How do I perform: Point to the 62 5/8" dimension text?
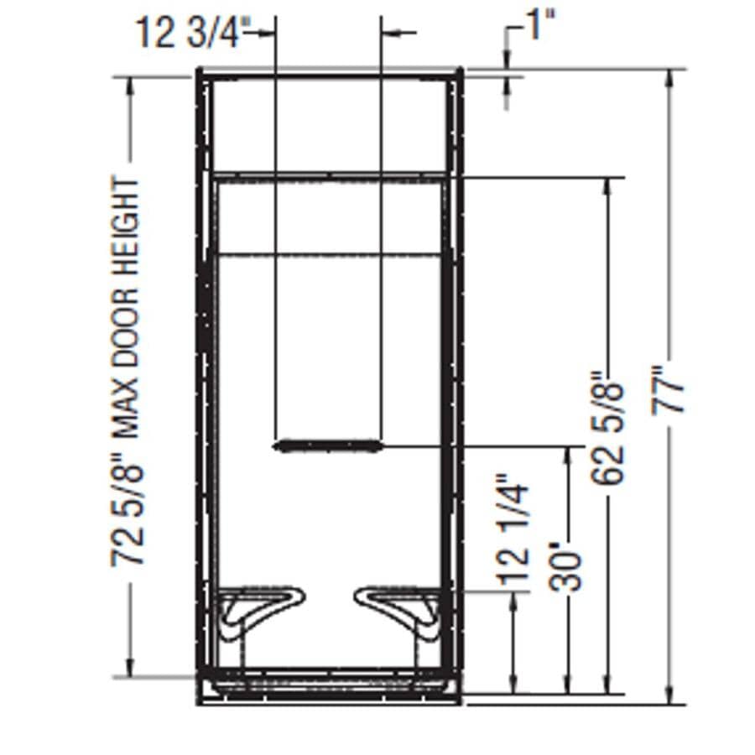coord(608,428)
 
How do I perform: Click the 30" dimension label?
coord(570,570)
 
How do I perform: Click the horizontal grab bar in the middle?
coord(328,445)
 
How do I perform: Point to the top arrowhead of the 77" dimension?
coord(669,77)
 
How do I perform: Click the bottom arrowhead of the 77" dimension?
coord(669,696)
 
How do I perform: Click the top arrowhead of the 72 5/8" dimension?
coord(130,84)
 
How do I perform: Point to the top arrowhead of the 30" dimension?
coord(570,455)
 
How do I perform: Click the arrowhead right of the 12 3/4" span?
coord(389,33)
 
